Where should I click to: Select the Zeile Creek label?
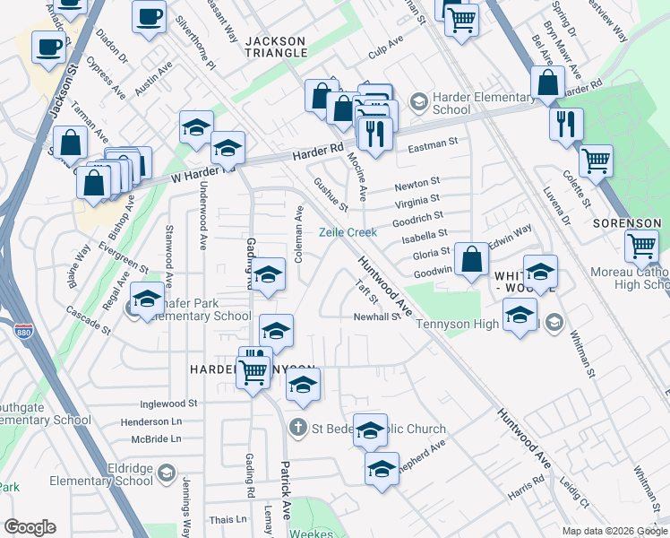348,232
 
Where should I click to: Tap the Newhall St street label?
376,317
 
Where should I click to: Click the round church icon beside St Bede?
298,429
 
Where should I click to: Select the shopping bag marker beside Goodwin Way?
471,260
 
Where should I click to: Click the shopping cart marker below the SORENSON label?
641,246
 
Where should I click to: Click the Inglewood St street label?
169,404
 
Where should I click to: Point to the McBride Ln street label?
156,439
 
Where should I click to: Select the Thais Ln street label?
228,519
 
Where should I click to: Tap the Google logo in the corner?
30,527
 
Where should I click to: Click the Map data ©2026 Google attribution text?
614,531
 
